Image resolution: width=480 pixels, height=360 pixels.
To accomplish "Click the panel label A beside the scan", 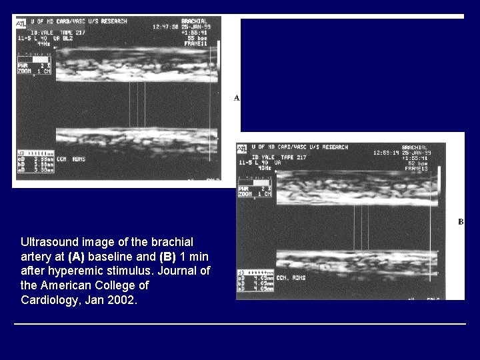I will click(237, 98).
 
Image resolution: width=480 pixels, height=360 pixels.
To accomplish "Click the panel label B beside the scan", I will click(461, 222).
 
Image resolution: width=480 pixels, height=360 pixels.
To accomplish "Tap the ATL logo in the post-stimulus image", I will click(242, 148).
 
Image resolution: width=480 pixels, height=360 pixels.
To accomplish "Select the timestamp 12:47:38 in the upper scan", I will click(165, 27).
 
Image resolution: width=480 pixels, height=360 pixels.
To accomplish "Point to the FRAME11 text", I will click(197, 43).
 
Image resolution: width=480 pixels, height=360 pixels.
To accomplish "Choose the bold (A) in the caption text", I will click(77, 256).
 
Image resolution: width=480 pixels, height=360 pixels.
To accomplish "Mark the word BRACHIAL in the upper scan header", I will click(197, 22).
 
